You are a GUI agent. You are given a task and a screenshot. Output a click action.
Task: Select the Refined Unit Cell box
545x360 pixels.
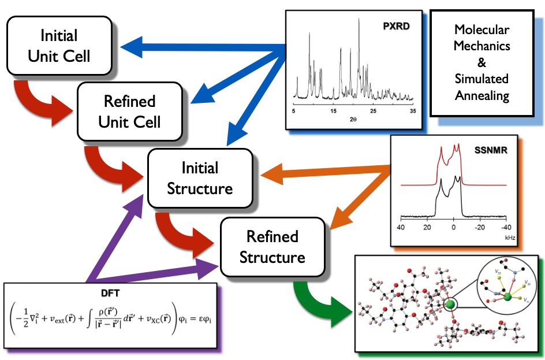click(x=129, y=112)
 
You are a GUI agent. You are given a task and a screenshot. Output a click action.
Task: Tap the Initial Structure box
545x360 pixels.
click(x=200, y=178)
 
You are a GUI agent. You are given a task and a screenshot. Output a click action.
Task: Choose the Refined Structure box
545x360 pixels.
click(x=272, y=247)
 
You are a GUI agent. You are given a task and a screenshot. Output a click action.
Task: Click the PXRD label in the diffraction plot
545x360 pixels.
click(x=397, y=26)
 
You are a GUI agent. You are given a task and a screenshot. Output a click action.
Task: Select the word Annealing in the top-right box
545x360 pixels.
click(x=482, y=96)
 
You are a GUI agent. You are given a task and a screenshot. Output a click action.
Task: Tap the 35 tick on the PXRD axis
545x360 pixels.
click(x=412, y=110)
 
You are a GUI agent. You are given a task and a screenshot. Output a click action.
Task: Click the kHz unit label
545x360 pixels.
click(x=509, y=237)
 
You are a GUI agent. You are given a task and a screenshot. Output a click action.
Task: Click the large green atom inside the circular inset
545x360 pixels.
click(x=506, y=296)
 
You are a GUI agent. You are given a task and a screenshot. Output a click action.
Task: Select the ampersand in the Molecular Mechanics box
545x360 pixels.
click(x=482, y=62)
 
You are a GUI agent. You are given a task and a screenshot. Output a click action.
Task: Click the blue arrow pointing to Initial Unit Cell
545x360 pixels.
click(x=173, y=44)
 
